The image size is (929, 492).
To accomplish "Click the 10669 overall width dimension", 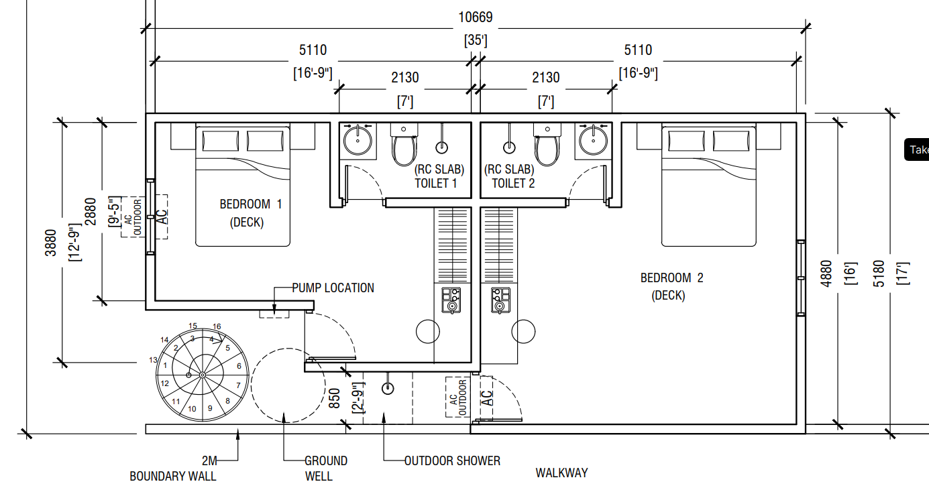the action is click(x=476, y=17).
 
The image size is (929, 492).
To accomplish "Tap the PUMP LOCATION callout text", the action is click(x=333, y=288).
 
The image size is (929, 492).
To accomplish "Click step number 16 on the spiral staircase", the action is click(x=217, y=326).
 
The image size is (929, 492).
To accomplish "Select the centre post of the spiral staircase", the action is click(x=203, y=375).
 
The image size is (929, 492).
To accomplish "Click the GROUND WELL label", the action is click(x=326, y=469).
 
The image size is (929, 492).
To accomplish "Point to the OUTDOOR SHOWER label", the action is click(x=453, y=461).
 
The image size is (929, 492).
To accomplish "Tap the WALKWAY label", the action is click(x=561, y=473).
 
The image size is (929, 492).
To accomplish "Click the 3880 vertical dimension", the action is click(x=50, y=243).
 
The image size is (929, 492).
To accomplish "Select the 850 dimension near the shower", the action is click(x=334, y=398).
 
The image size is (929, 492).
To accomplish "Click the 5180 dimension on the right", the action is click(x=879, y=273).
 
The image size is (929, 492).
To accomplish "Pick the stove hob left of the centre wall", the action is click(x=451, y=300).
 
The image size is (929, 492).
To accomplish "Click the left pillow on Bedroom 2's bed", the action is click(x=686, y=141).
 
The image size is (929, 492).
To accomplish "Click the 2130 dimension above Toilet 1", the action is click(x=405, y=78).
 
